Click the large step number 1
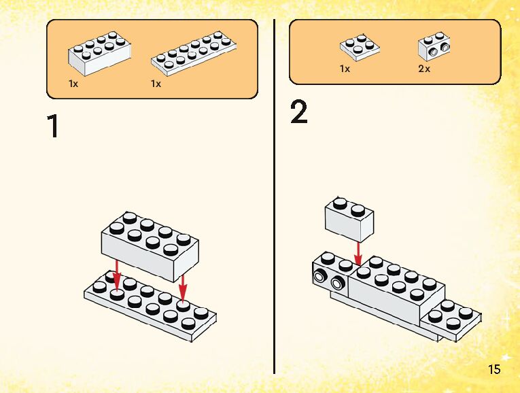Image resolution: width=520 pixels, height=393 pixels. [54, 126]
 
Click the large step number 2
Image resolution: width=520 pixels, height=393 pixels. [299, 112]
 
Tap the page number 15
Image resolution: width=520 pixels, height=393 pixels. [494, 369]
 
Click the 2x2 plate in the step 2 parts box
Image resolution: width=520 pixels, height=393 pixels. [360, 48]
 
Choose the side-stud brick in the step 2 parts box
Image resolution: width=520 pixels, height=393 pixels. [434, 46]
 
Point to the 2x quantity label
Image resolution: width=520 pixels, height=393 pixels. [424, 69]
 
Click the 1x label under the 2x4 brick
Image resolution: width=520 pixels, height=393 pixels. [73, 84]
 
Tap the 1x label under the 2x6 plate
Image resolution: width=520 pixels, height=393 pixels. [156, 84]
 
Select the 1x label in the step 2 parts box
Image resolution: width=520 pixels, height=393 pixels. [345, 69]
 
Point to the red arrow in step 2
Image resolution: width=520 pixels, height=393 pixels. [358, 254]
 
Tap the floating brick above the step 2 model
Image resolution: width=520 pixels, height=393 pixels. [349, 220]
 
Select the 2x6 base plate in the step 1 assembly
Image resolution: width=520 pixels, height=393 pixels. [150, 305]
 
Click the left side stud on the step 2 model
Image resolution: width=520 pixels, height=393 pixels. [319, 276]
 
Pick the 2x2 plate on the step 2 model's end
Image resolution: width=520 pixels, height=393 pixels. [451, 320]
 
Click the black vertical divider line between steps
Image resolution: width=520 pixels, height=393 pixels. [274, 196]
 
